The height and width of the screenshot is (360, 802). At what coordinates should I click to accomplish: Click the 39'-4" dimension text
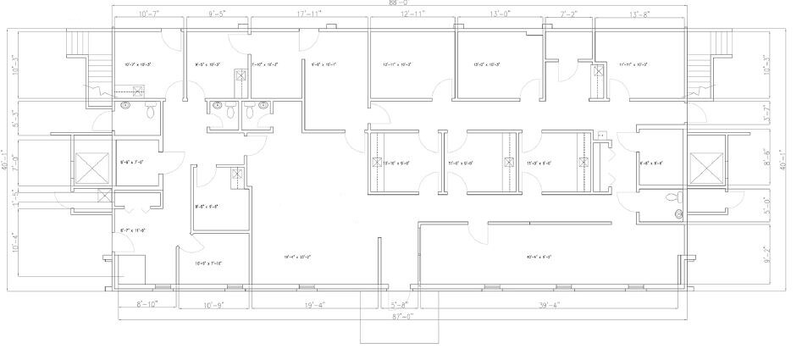(550, 304)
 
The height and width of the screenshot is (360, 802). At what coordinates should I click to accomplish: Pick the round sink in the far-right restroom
(678, 213)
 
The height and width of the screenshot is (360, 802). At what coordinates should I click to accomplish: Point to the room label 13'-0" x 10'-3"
(486, 64)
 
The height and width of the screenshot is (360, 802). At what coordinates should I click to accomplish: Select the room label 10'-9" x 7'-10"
(208, 263)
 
